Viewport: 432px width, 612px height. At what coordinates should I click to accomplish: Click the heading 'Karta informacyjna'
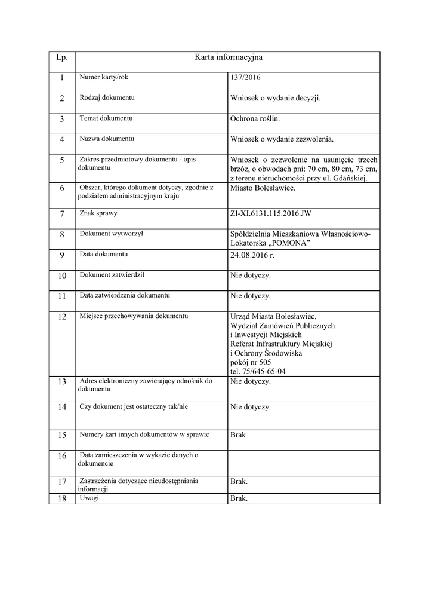point(228,57)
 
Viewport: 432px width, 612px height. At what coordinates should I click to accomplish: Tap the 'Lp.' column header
point(62,57)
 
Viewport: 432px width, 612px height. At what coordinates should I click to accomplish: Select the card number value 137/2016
point(245,78)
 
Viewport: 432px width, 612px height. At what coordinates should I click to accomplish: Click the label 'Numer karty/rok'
point(104,77)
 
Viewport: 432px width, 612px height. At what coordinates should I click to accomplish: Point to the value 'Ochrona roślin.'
point(255,119)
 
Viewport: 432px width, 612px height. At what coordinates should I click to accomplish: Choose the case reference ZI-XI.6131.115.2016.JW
point(270,213)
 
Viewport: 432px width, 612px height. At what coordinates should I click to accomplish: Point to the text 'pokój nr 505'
point(251,362)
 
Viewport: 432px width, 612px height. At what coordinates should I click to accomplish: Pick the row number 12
point(62,317)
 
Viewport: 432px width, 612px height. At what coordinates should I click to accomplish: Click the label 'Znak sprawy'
point(98,213)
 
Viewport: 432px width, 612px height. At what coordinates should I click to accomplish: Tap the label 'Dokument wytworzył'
point(112,234)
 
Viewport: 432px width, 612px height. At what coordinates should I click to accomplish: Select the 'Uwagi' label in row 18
point(89,498)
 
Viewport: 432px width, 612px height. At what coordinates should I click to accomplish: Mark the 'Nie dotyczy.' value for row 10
point(251,276)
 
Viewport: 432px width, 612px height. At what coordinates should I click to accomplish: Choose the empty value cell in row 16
point(303,463)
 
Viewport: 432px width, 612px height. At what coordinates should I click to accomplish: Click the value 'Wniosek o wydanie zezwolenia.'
point(282,140)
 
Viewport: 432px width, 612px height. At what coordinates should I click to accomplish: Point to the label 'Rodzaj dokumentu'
point(107,97)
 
